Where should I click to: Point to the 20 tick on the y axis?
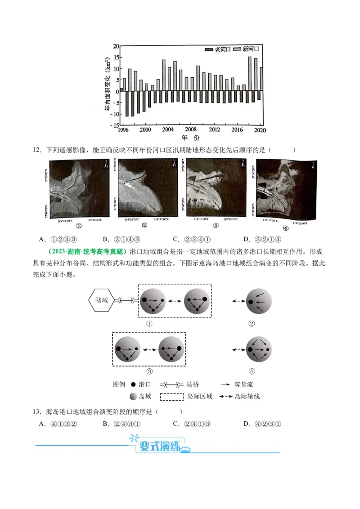pyautogui.click(x=116, y=46)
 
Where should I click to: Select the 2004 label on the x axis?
pyautogui.click(x=168, y=130)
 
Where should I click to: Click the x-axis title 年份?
pyautogui.click(x=190, y=137)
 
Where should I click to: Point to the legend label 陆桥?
pyautogui.click(x=192, y=385)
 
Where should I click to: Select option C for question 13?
pyautogui.click(x=192, y=424)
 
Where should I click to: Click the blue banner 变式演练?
pyautogui.click(x=159, y=446)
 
